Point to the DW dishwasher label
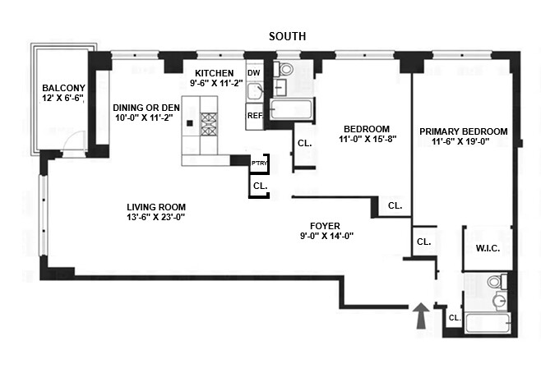(x=253, y=72)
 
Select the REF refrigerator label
(x=254, y=116)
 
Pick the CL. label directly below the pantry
(x=260, y=186)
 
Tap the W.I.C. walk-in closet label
(x=488, y=247)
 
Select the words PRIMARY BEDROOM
(x=463, y=131)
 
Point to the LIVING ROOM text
(x=156, y=207)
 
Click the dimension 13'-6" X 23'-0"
(x=156, y=219)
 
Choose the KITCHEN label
(x=213, y=72)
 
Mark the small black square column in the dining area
(x=189, y=123)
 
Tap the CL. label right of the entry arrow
(x=454, y=318)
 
